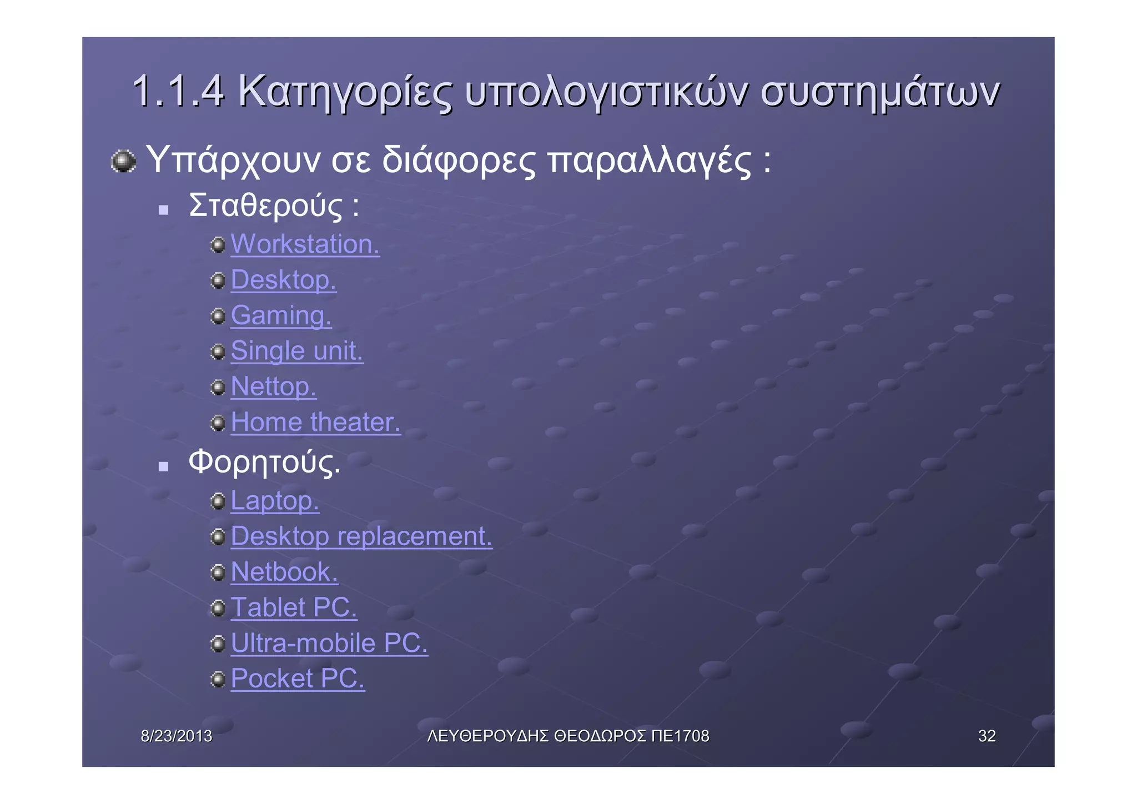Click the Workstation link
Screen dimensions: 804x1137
click(x=305, y=244)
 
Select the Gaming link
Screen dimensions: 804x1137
click(x=281, y=315)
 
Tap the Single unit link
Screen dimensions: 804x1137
click(x=296, y=351)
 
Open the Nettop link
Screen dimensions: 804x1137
click(x=273, y=386)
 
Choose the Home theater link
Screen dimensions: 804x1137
click(x=315, y=422)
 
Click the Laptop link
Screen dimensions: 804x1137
click(x=275, y=501)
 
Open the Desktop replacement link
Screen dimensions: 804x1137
click(x=361, y=536)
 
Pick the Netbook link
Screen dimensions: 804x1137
click(x=284, y=572)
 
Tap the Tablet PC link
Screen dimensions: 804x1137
click(x=294, y=607)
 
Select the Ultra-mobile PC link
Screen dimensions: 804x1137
click(x=329, y=643)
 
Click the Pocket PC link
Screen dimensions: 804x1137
click(x=298, y=679)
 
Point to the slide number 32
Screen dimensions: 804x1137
click(x=987, y=736)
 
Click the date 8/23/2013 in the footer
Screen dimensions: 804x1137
click(x=177, y=736)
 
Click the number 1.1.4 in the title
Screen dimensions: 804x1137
click(x=178, y=91)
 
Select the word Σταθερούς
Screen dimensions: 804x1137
click(x=266, y=205)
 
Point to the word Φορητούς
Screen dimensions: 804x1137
click(x=264, y=462)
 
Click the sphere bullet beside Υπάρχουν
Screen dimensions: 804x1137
click(x=123, y=162)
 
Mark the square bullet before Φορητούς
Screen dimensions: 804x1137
click(x=163, y=466)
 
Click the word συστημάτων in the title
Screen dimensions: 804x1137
click(x=880, y=92)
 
